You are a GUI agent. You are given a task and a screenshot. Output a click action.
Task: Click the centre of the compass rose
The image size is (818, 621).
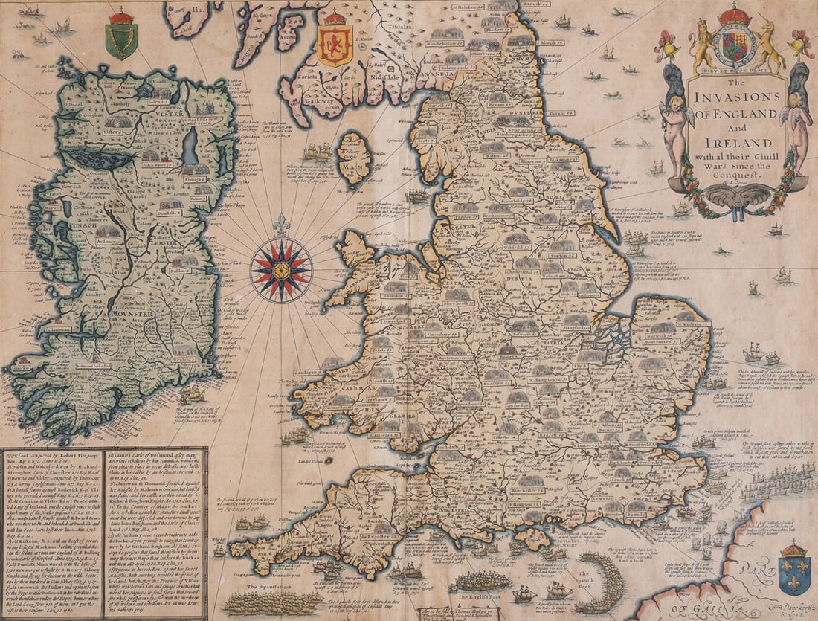(x=280, y=270)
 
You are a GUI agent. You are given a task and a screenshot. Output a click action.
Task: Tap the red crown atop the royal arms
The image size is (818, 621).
(x=735, y=15)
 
